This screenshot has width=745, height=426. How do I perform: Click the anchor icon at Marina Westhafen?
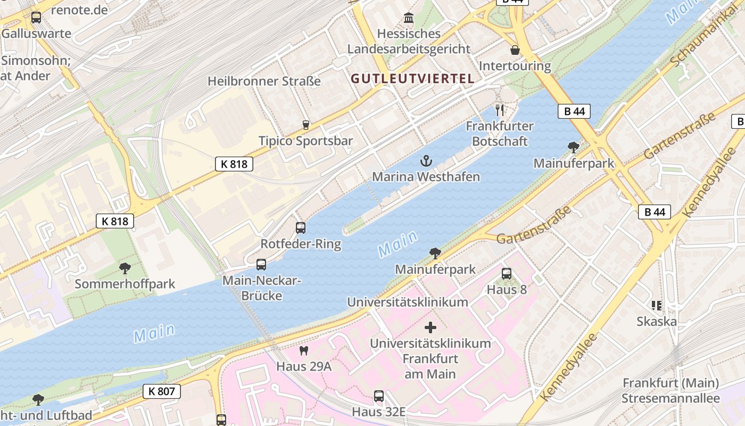426,160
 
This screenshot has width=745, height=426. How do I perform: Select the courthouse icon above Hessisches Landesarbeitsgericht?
409,18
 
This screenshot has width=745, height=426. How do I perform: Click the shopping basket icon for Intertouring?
515,51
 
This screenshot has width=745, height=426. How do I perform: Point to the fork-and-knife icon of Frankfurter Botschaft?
500,110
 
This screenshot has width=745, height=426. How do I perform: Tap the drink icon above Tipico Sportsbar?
305,125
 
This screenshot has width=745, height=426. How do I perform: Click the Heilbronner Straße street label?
264,81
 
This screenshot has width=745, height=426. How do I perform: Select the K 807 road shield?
162,391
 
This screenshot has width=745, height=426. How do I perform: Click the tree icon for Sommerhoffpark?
125,268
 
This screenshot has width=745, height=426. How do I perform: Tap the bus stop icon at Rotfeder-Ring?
301,228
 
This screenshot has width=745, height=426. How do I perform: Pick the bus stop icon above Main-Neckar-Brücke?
261,265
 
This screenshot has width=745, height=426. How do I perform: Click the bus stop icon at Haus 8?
507,274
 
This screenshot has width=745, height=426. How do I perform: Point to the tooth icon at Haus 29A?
304,350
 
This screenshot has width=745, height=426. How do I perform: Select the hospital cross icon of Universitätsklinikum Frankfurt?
431,327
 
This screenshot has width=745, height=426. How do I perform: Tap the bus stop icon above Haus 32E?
378,396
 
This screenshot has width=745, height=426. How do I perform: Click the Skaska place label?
657,322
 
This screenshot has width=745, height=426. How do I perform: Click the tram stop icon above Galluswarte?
36,18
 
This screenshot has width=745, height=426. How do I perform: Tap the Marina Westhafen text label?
426,177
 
